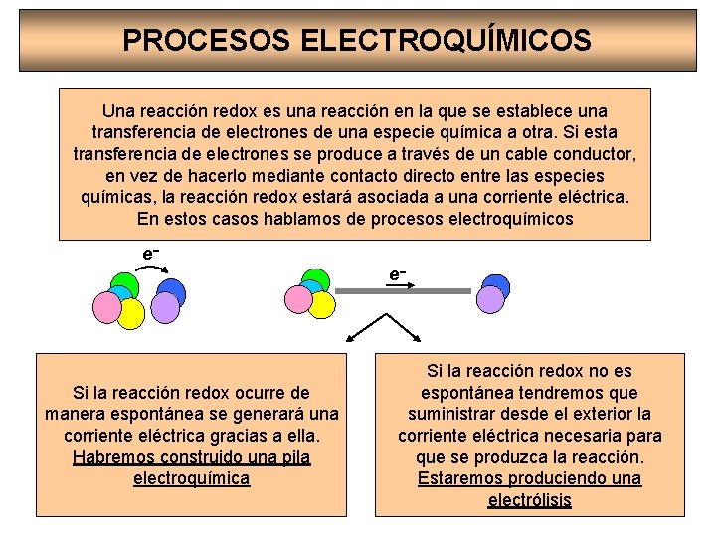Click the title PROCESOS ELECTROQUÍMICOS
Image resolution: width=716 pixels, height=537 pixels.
click(x=357, y=40)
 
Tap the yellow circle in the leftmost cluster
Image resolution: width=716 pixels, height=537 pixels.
click(x=131, y=314)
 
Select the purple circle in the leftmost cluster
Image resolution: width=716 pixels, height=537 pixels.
click(x=165, y=307)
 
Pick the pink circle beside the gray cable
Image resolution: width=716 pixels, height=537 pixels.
click(x=297, y=297)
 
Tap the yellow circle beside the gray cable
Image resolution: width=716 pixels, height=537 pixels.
click(x=320, y=304)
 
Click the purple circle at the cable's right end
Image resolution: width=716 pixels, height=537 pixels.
click(x=491, y=298)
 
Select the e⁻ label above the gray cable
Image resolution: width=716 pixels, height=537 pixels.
click(x=397, y=272)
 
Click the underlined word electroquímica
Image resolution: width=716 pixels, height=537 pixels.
click(x=191, y=478)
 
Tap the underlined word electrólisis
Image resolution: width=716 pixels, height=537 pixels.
click(x=529, y=499)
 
